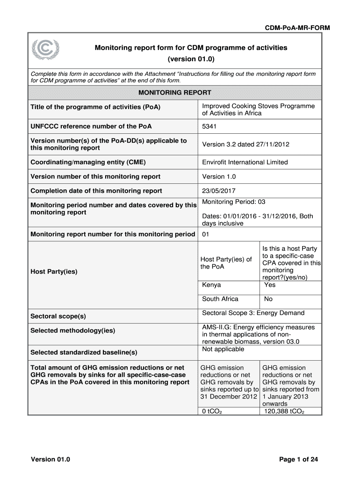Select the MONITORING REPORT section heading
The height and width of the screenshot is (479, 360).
click(x=175, y=93)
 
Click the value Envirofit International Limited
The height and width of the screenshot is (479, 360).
click(x=245, y=162)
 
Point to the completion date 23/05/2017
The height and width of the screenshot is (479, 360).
click(x=219, y=191)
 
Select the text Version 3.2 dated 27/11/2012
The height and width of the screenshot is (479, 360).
click(x=245, y=144)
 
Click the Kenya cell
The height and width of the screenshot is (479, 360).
click(x=212, y=285)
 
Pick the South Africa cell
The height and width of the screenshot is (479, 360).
click(x=220, y=299)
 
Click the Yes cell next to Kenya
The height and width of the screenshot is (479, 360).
click(x=270, y=285)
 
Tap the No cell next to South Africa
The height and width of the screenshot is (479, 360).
click(x=268, y=299)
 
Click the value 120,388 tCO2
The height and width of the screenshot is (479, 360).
click(x=284, y=412)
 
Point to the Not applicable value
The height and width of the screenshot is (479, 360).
click(x=223, y=349)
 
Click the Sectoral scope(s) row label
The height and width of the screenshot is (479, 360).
click(x=58, y=317)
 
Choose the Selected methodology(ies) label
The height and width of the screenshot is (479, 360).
click(x=72, y=331)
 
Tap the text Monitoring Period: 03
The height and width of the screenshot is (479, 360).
click(x=234, y=202)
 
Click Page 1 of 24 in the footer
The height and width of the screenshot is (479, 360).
click(x=299, y=459)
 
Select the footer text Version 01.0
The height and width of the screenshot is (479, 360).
click(x=50, y=459)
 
